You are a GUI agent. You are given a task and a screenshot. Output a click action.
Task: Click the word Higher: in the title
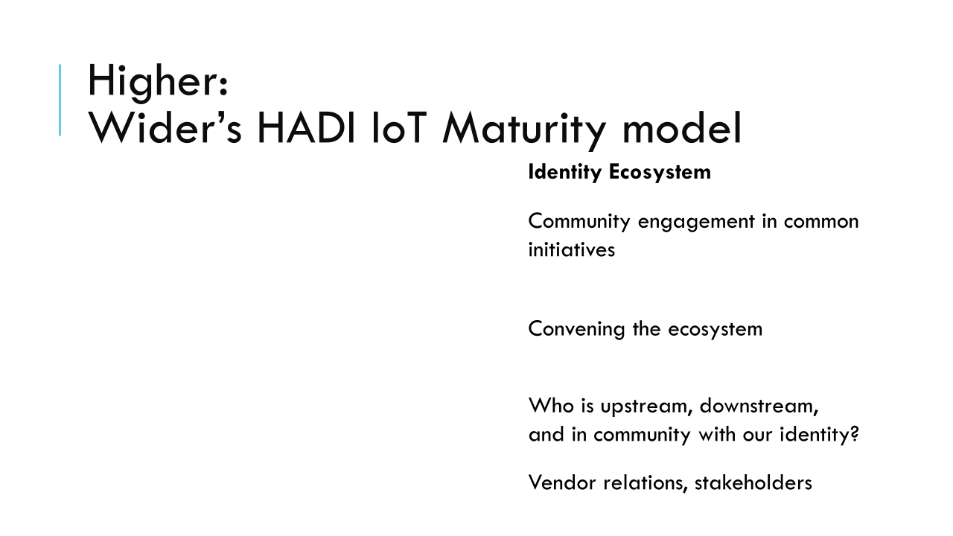(x=159, y=82)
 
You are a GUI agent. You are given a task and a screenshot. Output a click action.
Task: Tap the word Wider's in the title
(x=165, y=128)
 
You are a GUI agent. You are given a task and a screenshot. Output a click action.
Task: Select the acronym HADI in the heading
(x=306, y=128)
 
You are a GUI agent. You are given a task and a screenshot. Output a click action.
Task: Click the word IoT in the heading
(x=399, y=128)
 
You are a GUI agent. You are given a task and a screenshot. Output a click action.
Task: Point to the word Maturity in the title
(x=524, y=130)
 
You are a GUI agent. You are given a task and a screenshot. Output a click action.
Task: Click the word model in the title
(x=683, y=127)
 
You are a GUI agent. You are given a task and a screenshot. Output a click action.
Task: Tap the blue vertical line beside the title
(x=60, y=100)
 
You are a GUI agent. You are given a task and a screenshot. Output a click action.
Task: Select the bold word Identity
(x=565, y=173)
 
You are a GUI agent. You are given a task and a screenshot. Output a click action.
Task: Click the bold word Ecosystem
(x=660, y=173)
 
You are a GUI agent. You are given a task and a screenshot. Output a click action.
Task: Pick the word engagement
(x=696, y=223)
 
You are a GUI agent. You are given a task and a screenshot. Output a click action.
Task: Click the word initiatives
(x=571, y=249)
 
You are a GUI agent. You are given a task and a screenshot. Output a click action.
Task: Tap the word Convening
(x=576, y=330)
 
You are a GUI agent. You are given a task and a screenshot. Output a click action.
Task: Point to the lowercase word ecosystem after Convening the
(x=715, y=330)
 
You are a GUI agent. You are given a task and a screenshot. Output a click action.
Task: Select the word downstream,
(x=759, y=406)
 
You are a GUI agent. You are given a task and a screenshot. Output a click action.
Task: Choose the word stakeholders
(x=753, y=483)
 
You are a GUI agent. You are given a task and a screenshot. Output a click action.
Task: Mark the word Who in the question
(x=551, y=406)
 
